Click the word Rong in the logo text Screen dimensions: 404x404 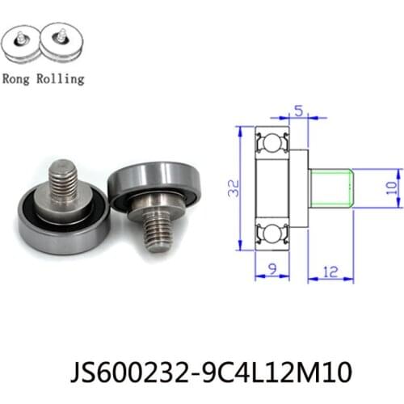(x=19, y=79)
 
